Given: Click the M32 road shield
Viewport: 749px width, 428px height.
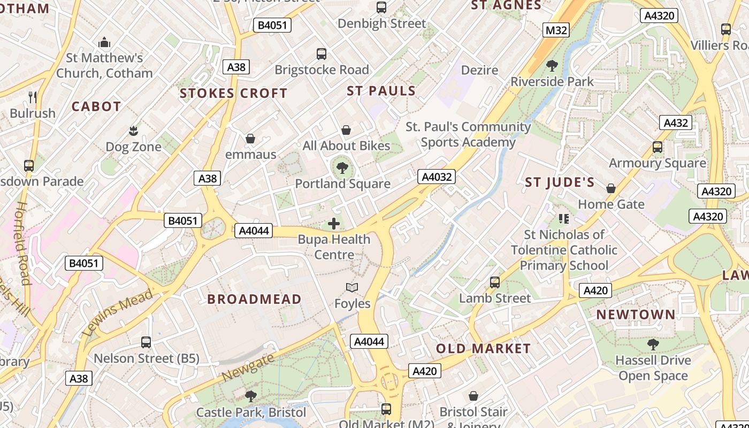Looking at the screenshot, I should pos(555,30).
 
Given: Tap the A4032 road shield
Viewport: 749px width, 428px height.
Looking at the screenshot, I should pos(437,177).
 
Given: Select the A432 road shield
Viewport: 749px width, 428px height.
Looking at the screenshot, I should pos(675,123).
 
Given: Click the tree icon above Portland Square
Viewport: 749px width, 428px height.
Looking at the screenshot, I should pos(342,169).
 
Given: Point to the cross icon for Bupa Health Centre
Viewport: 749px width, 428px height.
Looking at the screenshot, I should pos(334,224).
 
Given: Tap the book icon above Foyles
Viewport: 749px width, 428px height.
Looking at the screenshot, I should pos(351,288).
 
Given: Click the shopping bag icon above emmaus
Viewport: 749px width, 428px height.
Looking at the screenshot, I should pos(250,139).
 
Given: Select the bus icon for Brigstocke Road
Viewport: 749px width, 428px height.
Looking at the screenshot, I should pos(322,54).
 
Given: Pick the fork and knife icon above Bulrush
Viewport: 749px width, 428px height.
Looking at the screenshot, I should pos(33,97).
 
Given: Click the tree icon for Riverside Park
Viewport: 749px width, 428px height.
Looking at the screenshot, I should pos(552,66).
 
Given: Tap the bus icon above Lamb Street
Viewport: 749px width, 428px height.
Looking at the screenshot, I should pos(495,282).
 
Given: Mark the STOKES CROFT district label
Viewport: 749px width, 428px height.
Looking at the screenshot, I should pos(233,94).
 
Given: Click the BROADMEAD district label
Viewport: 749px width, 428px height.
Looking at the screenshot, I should pos(254,299).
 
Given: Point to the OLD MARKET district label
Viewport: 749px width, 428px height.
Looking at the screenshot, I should pos(483,349).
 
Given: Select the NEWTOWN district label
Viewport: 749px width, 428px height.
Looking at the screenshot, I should pos(636,315).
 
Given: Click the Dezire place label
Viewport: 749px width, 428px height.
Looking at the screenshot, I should pos(479,70).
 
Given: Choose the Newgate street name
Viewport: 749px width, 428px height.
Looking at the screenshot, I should pos(248,367).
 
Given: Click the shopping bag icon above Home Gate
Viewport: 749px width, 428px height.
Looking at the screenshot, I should pos(610,188).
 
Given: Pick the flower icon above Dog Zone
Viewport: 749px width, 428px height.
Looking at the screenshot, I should pos(133,131).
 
